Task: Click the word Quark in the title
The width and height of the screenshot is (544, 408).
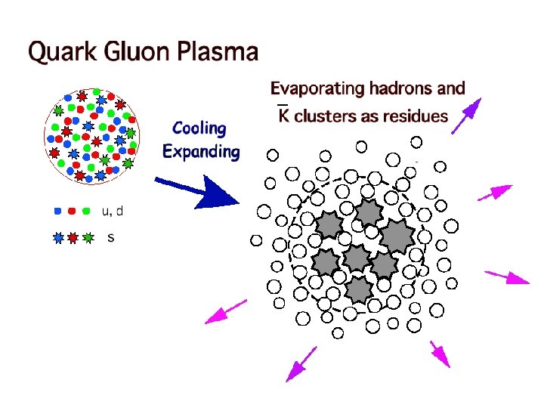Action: pos(61,53)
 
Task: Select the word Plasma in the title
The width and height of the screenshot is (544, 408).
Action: pos(218,53)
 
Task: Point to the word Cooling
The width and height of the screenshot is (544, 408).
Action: pos(199,129)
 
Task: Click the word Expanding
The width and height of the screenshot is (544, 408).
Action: pos(201,151)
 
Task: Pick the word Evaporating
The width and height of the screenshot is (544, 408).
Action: pos(317,89)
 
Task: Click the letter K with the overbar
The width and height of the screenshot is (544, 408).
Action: pos(283,115)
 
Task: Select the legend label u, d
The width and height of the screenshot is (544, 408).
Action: pos(113,211)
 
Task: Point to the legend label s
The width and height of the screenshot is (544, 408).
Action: pos(111,238)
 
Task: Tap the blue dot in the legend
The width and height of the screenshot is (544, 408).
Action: pos(58,211)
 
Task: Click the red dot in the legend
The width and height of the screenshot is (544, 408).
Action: pos(73,211)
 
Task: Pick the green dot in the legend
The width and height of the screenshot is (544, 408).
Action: pos(87,211)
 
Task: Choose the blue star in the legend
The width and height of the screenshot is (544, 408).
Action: pos(59,238)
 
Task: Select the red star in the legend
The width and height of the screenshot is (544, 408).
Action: pos(73,238)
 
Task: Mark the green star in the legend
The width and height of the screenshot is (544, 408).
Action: pos(88,238)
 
